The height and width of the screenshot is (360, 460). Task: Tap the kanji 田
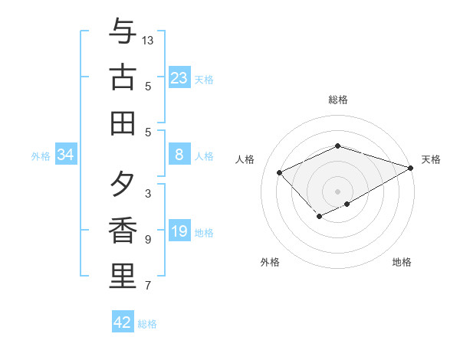tap(123, 123)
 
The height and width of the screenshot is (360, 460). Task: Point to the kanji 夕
tap(123, 184)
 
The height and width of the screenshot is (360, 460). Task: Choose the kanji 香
tap(123, 231)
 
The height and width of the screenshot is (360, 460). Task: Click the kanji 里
tap(123, 277)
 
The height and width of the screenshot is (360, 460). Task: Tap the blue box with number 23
tap(179, 78)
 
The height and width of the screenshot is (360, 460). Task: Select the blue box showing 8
tap(179, 155)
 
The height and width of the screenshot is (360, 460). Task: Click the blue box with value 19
tap(179, 231)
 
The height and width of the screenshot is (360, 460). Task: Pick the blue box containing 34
tap(66, 155)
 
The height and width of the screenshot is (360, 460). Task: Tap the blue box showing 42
tap(123, 322)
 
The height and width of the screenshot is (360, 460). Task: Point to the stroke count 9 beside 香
tap(148, 240)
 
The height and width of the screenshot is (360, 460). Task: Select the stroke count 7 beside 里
tap(148, 286)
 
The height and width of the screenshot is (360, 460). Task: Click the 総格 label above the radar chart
tap(338, 100)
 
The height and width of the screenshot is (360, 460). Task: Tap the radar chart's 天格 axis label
tap(431, 159)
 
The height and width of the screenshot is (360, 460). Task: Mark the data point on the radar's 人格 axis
tap(280, 172)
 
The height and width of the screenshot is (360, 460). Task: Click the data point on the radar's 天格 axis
tap(412, 168)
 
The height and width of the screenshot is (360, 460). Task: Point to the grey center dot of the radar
tap(338, 191)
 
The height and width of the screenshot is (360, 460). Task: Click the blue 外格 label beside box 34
tap(41, 156)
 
